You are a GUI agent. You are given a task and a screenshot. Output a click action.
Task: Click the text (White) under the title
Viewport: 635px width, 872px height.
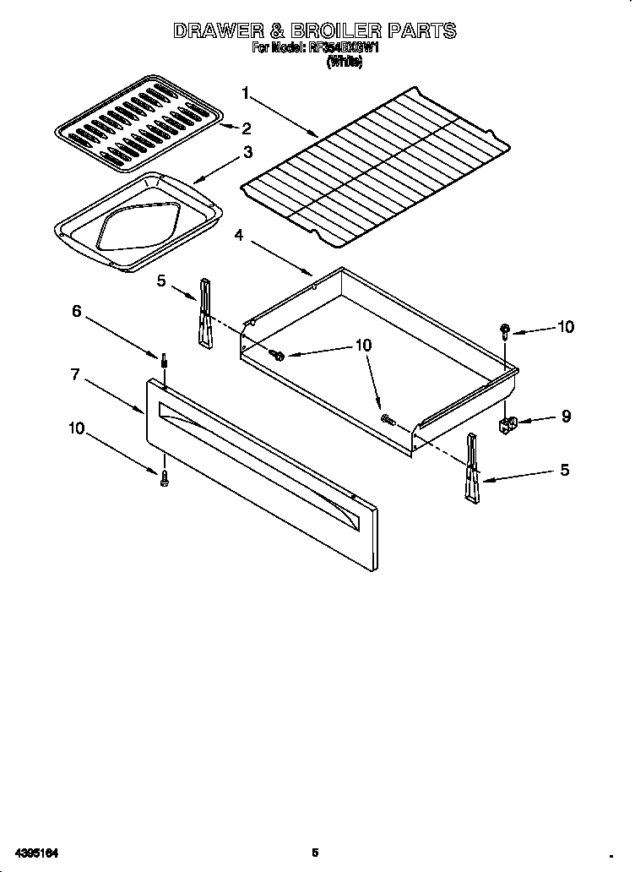click(345, 63)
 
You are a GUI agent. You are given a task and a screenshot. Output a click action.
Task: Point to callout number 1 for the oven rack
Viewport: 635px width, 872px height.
click(246, 92)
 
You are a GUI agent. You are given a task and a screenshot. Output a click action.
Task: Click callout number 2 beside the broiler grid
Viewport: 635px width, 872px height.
click(247, 128)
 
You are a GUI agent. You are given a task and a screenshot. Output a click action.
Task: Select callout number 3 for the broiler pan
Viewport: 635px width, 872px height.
click(247, 152)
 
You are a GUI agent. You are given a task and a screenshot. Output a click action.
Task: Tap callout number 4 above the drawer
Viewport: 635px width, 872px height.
click(239, 236)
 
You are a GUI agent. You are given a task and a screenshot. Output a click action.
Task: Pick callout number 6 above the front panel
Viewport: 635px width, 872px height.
click(76, 311)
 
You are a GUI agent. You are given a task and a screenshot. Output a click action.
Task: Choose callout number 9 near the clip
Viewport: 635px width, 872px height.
click(565, 416)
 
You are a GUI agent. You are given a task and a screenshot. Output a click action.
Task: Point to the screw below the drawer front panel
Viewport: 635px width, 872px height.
click(164, 477)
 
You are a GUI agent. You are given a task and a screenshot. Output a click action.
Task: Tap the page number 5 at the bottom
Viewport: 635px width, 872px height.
click(315, 853)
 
